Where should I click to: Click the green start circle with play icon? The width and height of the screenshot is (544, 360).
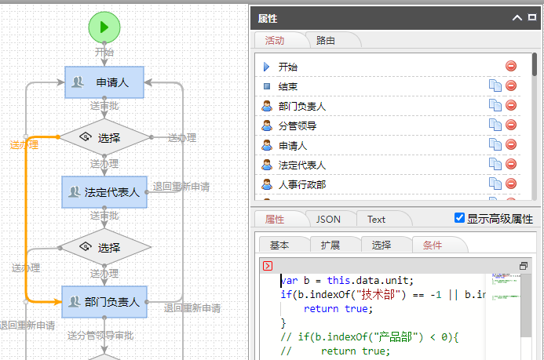(104, 28)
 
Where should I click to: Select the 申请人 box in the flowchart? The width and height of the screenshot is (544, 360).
(104, 82)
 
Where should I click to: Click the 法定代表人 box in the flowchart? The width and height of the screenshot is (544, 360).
(104, 191)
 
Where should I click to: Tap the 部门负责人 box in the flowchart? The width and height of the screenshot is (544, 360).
(104, 301)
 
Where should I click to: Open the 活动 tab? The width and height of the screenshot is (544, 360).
(275, 40)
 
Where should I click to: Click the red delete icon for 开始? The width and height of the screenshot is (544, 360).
(511, 67)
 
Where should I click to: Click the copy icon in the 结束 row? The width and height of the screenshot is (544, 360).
(495, 86)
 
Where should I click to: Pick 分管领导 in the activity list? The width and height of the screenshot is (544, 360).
(298, 125)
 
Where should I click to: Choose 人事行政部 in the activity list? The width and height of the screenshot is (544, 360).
(302, 184)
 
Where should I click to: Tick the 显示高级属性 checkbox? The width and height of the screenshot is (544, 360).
(460, 218)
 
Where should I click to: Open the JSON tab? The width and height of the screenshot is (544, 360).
(328, 220)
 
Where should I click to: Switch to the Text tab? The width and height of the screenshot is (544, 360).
(377, 220)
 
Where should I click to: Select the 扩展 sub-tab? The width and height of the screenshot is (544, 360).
(330, 245)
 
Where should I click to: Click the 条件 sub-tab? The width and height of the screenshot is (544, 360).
(433, 245)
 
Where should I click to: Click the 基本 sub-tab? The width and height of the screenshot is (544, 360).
(279, 245)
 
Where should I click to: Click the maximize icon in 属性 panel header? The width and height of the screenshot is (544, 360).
(532, 17)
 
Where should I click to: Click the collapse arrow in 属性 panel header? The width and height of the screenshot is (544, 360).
(517, 17)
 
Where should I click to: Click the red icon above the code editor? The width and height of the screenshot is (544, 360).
(268, 266)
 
